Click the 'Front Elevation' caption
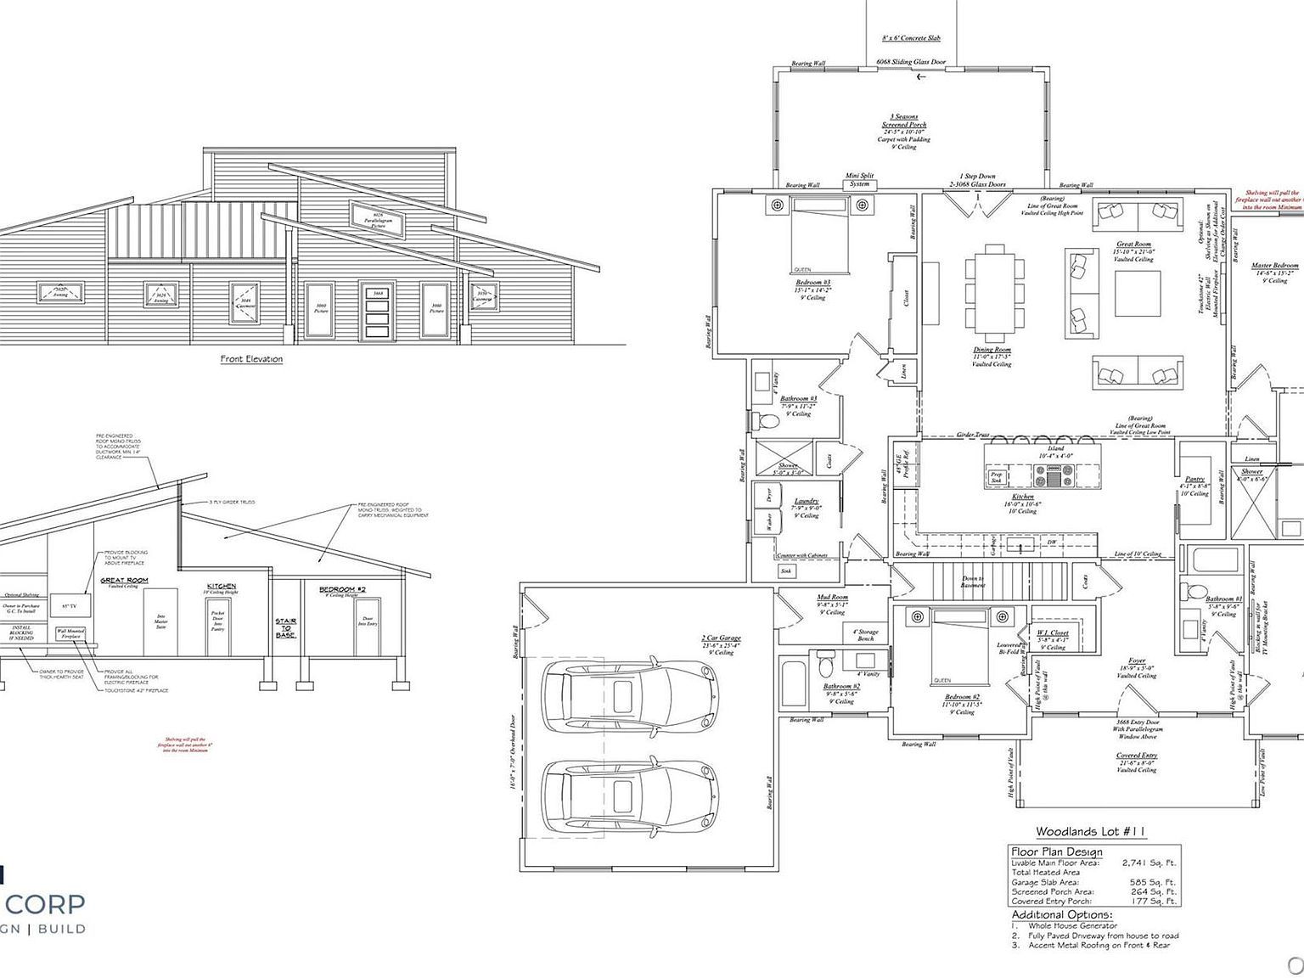[251, 359]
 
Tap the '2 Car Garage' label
[721, 638]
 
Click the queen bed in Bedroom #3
[819, 235]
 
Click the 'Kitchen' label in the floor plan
[1023, 497]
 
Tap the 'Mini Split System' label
[859, 180]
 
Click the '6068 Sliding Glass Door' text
[912, 63]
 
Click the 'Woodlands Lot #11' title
[1079, 832]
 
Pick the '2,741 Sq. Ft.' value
[1149, 863]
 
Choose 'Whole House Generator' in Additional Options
[1072, 926]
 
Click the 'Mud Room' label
[832, 598]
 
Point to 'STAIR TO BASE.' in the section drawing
[286, 628]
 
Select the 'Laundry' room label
[807, 501]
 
